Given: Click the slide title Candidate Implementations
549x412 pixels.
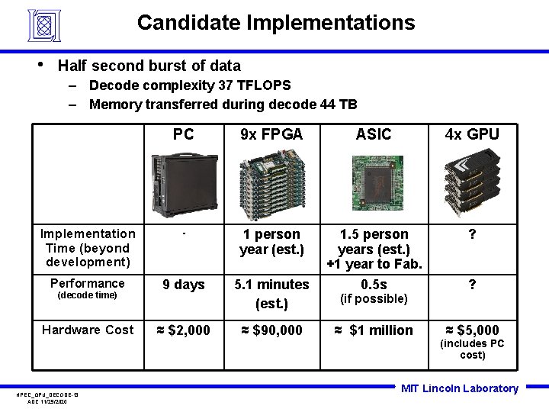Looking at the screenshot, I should click(276, 23).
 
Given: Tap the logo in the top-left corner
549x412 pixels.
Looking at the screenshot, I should click(43, 25).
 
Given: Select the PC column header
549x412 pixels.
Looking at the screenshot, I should click(183, 135).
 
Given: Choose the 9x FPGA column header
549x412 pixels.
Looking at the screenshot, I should click(271, 135).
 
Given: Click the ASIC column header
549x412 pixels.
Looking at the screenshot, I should click(374, 135).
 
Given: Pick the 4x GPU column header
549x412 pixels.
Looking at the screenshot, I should click(473, 135).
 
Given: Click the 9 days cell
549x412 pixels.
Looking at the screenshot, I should click(184, 285).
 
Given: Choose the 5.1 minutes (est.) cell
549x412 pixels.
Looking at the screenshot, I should click(271, 294).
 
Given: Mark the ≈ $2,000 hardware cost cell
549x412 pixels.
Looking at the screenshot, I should click(184, 330).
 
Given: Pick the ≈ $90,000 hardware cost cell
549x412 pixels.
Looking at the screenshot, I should click(271, 330).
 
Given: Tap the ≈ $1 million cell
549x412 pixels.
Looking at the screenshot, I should click(374, 330).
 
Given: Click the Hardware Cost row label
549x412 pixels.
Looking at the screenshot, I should click(88, 330).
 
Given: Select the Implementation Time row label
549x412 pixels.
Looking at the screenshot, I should click(88, 248).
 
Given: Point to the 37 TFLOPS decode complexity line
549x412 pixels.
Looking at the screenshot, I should click(190, 85).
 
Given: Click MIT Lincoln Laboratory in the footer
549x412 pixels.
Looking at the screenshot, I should click(460, 388).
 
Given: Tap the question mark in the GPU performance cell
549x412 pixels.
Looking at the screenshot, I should click(473, 285).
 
